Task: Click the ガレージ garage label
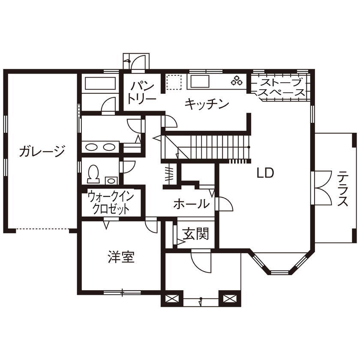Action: [x=42, y=151]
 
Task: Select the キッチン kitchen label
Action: [x=207, y=104]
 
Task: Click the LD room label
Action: [x=265, y=173]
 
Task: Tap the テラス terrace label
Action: [x=342, y=189]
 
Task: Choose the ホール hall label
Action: [x=191, y=204]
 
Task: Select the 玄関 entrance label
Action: [x=195, y=234]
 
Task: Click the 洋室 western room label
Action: [x=121, y=257]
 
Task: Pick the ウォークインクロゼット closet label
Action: [x=111, y=203]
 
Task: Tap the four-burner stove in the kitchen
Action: [x=237, y=80]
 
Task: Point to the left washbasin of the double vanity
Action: [x=92, y=147]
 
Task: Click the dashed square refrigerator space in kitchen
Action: [x=174, y=82]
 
